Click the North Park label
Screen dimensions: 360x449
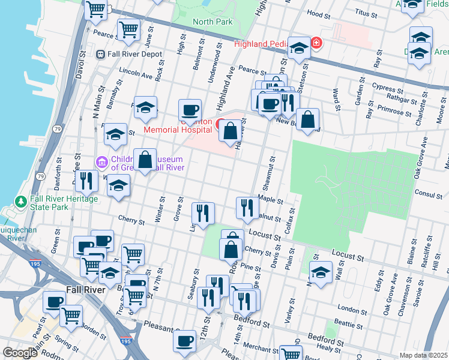(212, 22)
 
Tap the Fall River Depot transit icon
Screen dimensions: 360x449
(101, 53)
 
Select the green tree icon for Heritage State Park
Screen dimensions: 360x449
(21, 201)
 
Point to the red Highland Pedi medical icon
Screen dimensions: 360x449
(316, 43)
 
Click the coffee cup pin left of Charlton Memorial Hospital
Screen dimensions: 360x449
(190, 110)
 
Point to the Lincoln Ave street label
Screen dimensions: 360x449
(136, 76)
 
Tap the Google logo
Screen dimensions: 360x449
(20, 353)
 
